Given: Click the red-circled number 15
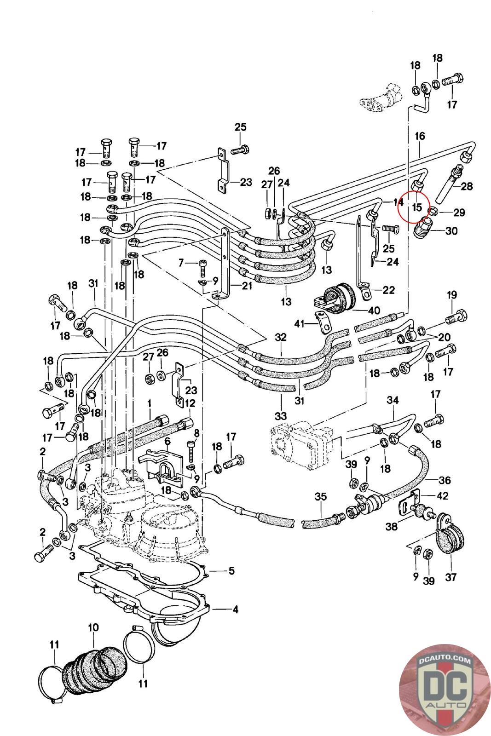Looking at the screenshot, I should (x=417, y=207).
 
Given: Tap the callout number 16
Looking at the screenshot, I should (x=420, y=136).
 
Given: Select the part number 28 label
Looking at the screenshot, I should (x=467, y=186).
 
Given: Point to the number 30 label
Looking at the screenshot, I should (x=452, y=230).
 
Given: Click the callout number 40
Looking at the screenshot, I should (x=374, y=310).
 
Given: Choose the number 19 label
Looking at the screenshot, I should (x=451, y=295).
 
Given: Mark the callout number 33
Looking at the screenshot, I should (x=281, y=416).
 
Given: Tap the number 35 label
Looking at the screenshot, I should (x=321, y=497).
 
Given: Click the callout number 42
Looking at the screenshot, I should (x=442, y=496).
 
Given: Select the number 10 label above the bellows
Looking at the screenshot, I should (x=93, y=627).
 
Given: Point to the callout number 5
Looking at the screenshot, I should (x=231, y=571).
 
